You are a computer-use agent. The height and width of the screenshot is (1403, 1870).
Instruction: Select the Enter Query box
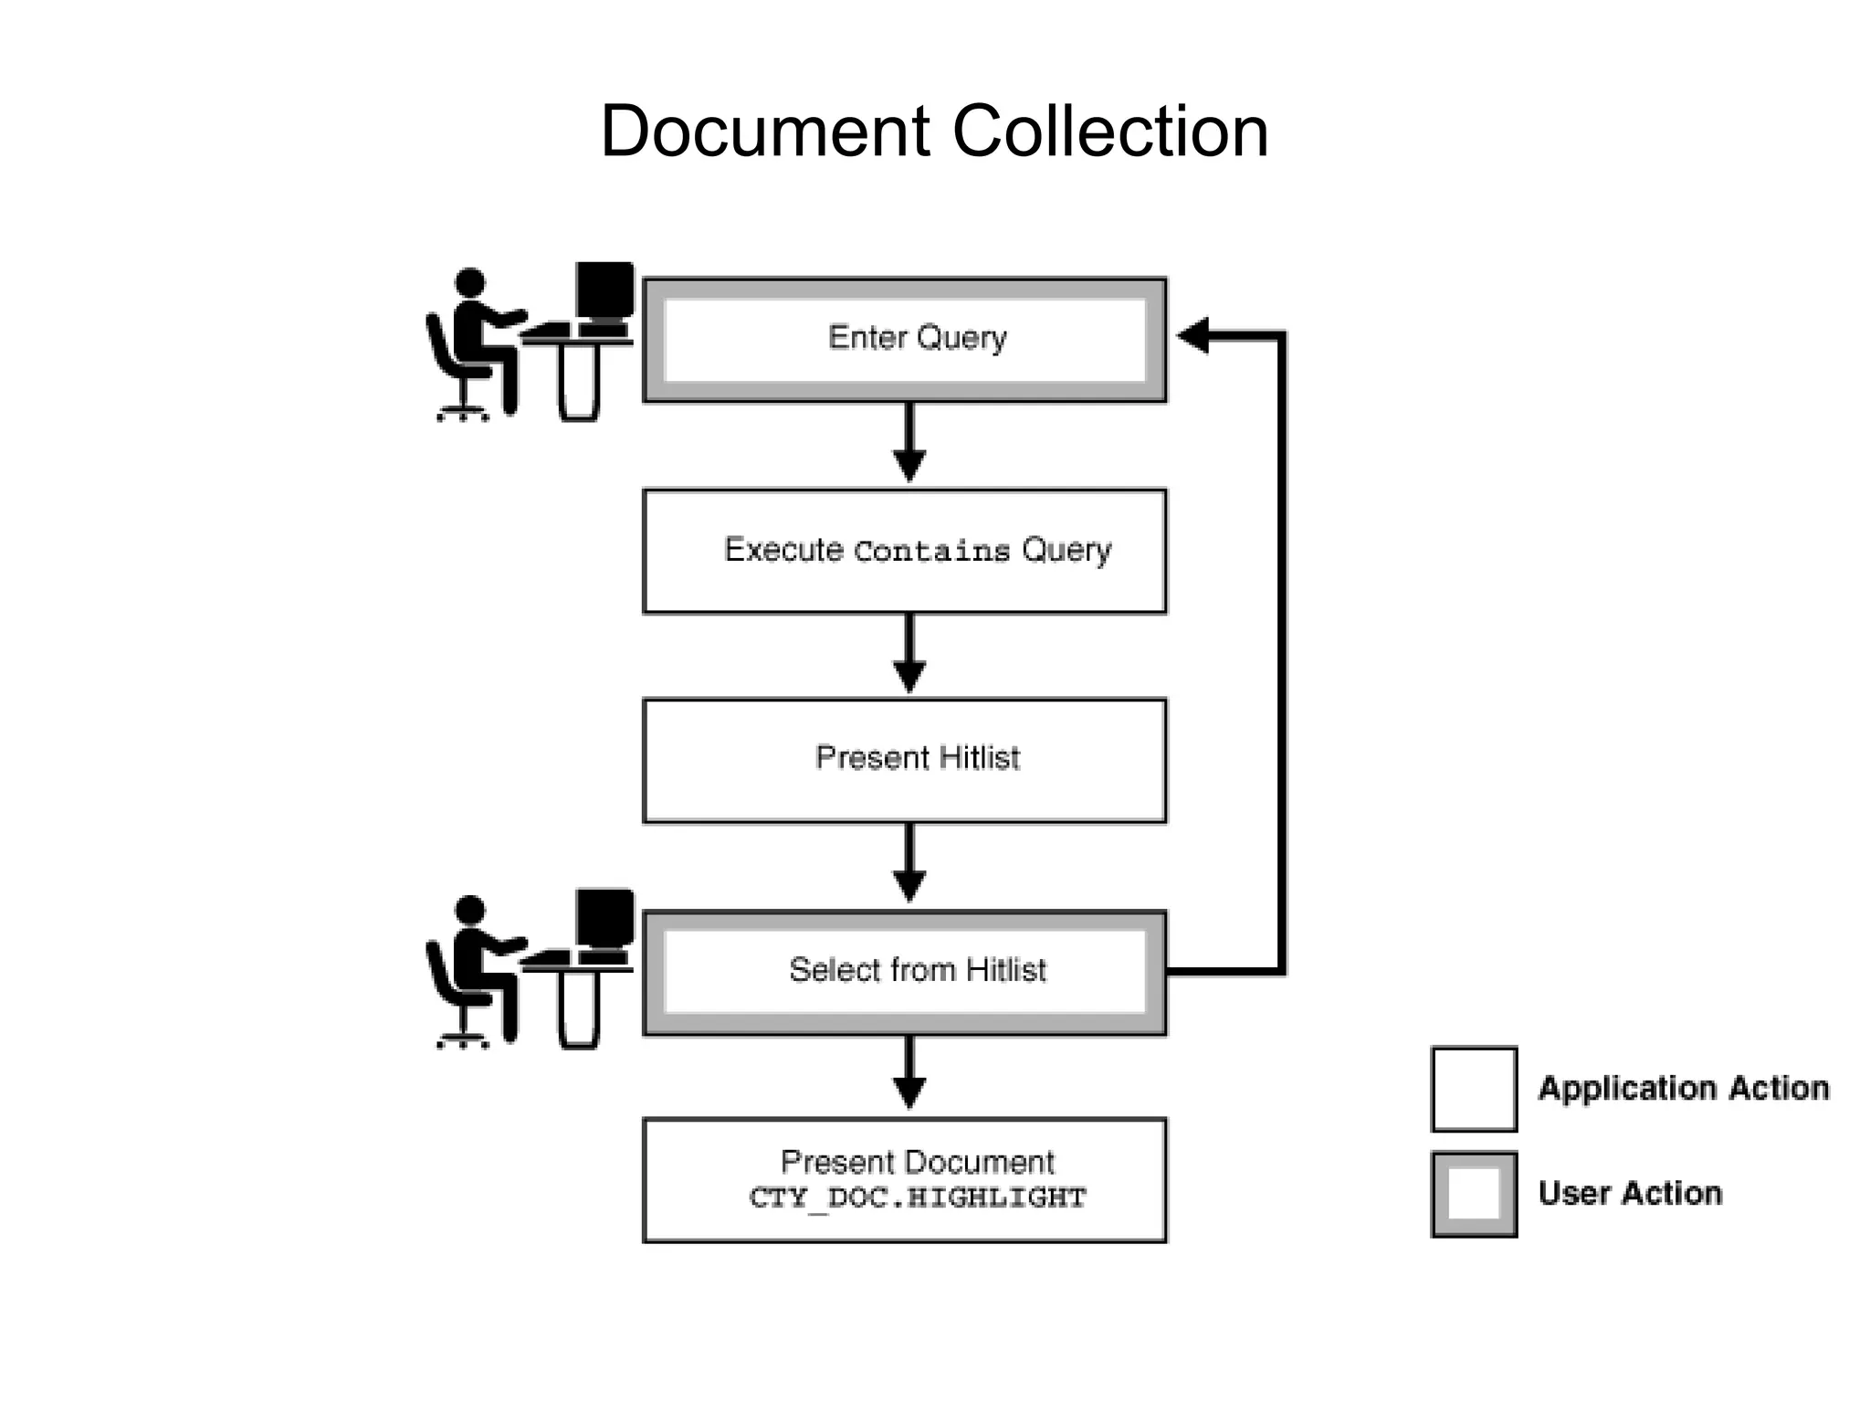tap(904, 339)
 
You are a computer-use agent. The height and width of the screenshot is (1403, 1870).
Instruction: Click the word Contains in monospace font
tap(931, 552)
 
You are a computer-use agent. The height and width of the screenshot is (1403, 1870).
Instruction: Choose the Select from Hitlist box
tap(904, 971)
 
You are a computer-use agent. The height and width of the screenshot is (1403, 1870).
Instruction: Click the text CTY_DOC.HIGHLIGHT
tap(918, 1197)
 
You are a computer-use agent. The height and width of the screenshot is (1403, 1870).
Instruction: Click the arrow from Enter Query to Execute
tap(909, 443)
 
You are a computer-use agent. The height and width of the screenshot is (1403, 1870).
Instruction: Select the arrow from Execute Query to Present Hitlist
tap(909, 654)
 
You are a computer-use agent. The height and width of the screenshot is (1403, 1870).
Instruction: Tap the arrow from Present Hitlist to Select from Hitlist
tap(909, 864)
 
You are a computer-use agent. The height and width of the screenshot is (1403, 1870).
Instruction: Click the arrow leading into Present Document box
tap(909, 1074)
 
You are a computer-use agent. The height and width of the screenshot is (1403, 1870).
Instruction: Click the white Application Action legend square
tap(1474, 1089)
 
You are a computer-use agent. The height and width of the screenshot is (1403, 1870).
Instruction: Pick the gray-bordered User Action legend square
tap(1474, 1194)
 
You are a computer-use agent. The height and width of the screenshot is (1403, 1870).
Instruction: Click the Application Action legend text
tap(1683, 1088)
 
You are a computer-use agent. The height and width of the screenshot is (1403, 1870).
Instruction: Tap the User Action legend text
tap(1630, 1193)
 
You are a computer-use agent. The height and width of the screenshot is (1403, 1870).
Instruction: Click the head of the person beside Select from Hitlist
tap(469, 910)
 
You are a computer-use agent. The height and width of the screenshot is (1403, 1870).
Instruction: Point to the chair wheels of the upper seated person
tap(462, 416)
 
